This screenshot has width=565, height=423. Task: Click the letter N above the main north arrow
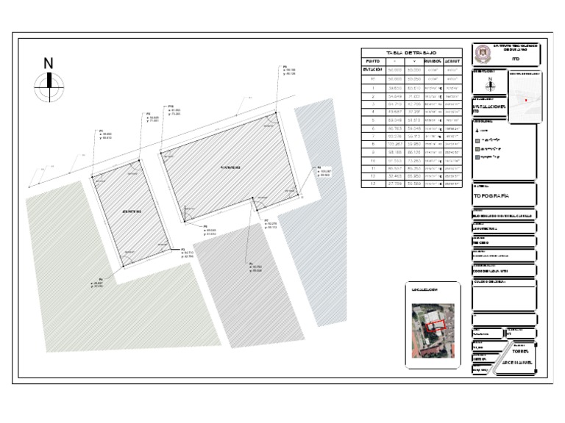(x=49, y=63)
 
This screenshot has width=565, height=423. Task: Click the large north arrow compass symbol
(x=49, y=87)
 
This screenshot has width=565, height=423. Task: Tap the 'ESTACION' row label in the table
(x=373, y=69)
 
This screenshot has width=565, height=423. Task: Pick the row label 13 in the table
(x=373, y=184)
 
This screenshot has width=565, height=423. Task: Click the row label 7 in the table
(x=373, y=136)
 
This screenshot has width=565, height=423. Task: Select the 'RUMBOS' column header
(x=433, y=61)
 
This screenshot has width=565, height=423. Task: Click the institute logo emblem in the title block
(x=483, y=53)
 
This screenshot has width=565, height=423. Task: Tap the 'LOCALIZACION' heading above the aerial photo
(x=427, y=291)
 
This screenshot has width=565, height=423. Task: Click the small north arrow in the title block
(x=490, y=84)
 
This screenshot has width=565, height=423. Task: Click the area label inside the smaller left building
(x=131, y=211)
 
